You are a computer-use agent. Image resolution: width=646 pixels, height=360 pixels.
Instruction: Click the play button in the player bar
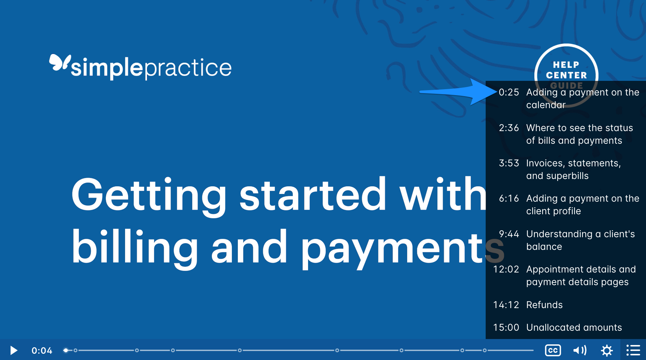(x=14, y=350)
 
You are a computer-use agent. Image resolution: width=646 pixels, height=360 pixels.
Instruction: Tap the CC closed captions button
(x=553, y=350)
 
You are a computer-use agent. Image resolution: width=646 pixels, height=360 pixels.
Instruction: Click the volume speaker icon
(x=579, y=350)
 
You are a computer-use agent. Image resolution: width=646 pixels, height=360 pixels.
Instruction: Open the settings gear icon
(x=607, y=350)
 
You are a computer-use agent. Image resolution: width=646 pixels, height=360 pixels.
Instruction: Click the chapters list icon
(x=633, y=350)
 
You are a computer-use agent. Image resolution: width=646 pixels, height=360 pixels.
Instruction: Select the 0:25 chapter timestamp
(x=509, y=92)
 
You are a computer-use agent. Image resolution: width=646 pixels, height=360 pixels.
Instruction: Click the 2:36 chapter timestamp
(x=509, y=128)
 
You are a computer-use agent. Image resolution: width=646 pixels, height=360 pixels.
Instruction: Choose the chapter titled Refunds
(x=544, y=305)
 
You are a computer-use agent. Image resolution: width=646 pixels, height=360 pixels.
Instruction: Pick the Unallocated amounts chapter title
(x=574, y=327)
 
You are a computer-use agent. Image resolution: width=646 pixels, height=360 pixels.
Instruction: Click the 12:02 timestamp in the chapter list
(x=506, y=269)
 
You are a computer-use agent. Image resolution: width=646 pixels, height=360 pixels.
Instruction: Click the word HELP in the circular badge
(x=566, y=65)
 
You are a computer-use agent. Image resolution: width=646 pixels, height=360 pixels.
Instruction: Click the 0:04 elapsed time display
(x=42, y=350)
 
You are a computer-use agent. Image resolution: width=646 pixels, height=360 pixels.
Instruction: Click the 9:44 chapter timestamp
(x=509, y=234)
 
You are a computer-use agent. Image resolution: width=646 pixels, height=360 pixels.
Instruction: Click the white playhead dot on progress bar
(x=66, y=350)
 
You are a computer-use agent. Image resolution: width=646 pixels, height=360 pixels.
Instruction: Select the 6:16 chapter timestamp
(x=509, y=198)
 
